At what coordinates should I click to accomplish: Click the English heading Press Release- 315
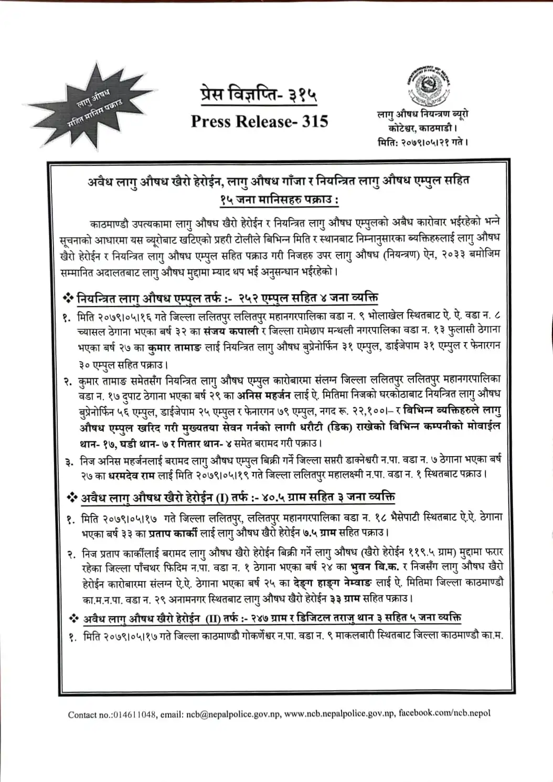tap(259, 121)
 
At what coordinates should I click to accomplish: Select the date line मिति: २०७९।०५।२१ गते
tap(422, 142)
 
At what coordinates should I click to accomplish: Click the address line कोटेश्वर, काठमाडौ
tap(422, 128)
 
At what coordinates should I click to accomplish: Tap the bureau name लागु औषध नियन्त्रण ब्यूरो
tap(423, 114)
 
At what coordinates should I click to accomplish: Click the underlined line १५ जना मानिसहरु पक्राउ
tap(279, 200)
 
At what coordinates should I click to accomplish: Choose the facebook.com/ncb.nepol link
tap(445, 713)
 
